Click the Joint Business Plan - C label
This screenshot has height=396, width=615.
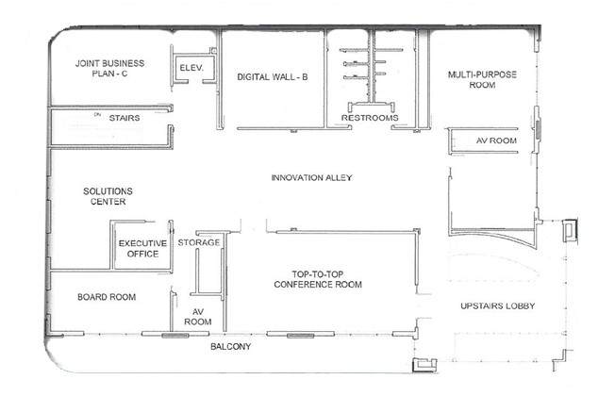(109, 68)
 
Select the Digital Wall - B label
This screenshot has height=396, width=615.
(273, 77)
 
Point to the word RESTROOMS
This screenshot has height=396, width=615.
(370, 118)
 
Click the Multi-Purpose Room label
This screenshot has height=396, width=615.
(482, 79)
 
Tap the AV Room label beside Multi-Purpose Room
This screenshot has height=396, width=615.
(496, 140)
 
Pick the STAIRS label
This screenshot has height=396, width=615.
(125, 118)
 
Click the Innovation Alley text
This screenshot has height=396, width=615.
(312, 177)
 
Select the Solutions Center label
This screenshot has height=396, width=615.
(108, 196)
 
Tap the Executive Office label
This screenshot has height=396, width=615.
(142, 249)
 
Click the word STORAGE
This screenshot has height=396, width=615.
(199, 242)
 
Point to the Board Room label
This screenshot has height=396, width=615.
(107, 297)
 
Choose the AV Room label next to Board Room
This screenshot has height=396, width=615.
(198, 317)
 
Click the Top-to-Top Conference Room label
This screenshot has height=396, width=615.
(318, 279)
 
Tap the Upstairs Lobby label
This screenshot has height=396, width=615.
(498, 305)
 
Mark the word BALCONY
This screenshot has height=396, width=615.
(230, 347)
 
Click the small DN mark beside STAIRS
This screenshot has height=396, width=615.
(98, 114)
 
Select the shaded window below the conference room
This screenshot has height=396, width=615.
(301, 336)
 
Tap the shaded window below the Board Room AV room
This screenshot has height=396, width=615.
(175, 336)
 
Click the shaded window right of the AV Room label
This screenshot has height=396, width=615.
(539, 130)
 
